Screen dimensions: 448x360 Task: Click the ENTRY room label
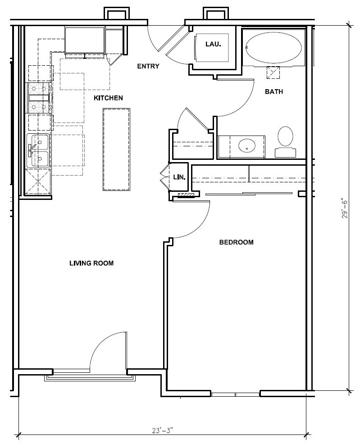(148, 66)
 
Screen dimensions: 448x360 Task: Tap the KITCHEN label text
(108, 98)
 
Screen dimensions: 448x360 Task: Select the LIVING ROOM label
(91, 263)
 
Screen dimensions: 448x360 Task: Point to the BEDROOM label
(236, 242)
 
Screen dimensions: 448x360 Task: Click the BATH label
(273, 91)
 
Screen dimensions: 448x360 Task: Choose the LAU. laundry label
(213, 44)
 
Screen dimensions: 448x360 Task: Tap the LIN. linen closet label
(179, 177)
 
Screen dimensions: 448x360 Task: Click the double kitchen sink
(39, 151)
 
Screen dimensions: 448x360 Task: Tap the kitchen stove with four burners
(40, 98)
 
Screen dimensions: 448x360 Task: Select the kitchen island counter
(117, 149)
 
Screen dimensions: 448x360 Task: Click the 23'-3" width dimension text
(163, 430)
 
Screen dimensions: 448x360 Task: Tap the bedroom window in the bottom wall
(236, 394)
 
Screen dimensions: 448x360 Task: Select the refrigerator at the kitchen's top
(85, 41)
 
